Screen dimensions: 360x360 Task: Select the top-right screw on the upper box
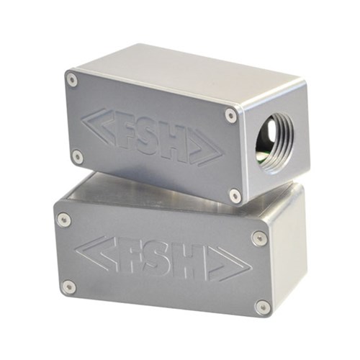[230, 114]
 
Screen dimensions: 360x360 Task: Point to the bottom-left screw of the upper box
[77, 156]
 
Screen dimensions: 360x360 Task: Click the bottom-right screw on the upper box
[235, 194]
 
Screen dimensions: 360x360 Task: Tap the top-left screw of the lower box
[63, 219]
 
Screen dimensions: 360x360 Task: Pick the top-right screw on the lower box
[259, 238]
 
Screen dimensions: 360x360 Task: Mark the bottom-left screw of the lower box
[68, 287]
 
